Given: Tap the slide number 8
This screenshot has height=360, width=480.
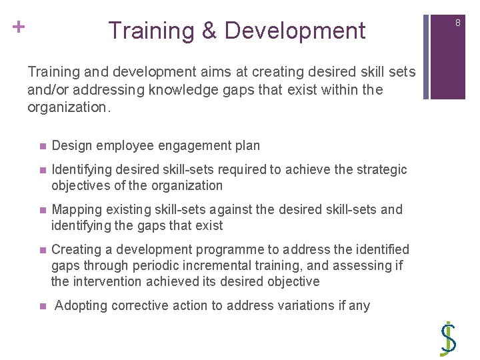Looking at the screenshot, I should pyautogui.click(x=458, y=23).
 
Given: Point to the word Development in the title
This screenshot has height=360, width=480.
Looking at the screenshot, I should pyautogui.click(x=295, y=31).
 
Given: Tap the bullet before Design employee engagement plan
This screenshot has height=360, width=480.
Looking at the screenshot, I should pyautogui.click(x=42, y=146).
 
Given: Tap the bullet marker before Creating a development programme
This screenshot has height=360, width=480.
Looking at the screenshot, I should pyautogui.click(x=42, y=250).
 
